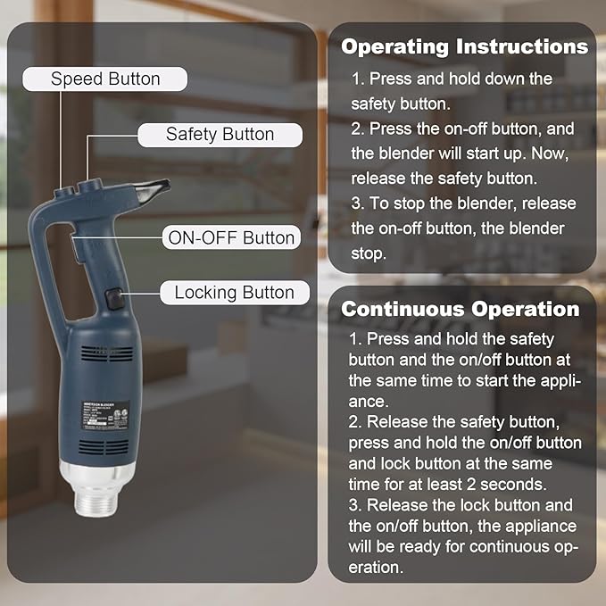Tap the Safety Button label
(x=220, y=135)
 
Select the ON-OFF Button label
(x=230, y=238)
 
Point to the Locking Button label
(x=234, y=293)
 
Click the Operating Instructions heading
(x=464, y=46)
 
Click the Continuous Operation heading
(x=461, y=310)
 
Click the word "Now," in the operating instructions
(x=552, y=153)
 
